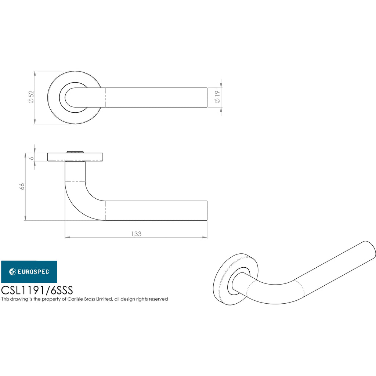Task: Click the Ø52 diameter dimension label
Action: pyautogui.click(x=32, y=97)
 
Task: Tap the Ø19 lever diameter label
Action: pyautogui.click(x=217, y=97)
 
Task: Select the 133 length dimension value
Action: pyautogui.click(x=136, y=234)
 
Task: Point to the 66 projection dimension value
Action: pyautogui.click(x=22, y=186)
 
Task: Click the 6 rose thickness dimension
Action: pyautogui.click(x=32, y=158)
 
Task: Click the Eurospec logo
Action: pyautogui.click(x=29, y=272)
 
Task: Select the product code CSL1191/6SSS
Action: pyautogui.click(x=37, y=290)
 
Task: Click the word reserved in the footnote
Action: pyautogui.click(x=158, y=299)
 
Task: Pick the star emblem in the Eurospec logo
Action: pyautogui.click(x=12, y=272)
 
